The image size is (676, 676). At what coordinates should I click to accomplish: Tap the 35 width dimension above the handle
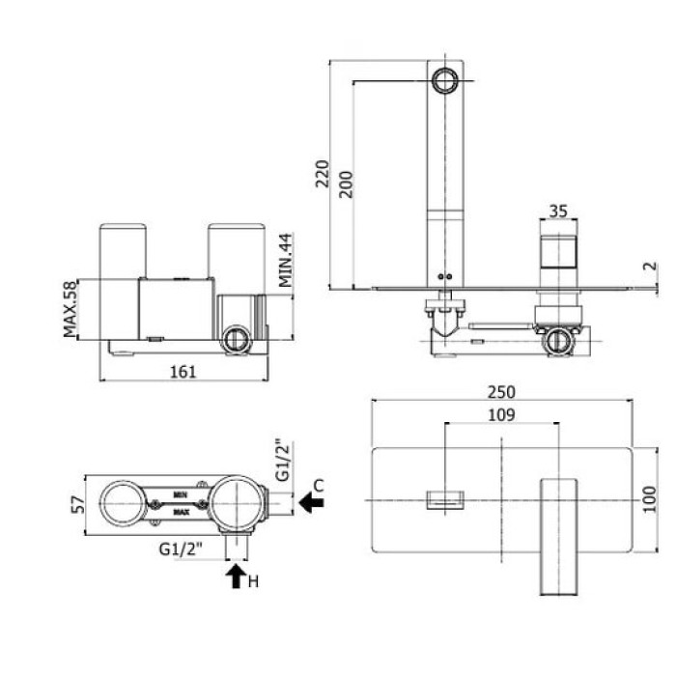(x=557, y=211)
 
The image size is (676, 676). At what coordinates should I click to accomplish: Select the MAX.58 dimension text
(x=70, y=308)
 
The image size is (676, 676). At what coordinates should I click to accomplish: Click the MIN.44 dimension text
(x=285, y=260)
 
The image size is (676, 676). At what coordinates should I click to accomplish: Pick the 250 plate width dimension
(x=501, y=392)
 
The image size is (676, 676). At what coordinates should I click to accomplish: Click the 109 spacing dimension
(x=499, y=415)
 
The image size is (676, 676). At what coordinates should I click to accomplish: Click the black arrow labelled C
(x=311, y=501)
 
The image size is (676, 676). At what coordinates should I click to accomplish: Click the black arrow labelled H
(x=235, y=577)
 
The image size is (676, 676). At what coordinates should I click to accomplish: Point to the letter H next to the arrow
(x=254, y=580)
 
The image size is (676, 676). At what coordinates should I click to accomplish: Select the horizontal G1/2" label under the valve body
(x=181, y=550)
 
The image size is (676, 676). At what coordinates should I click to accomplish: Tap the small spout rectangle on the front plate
(x=444, y=498)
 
